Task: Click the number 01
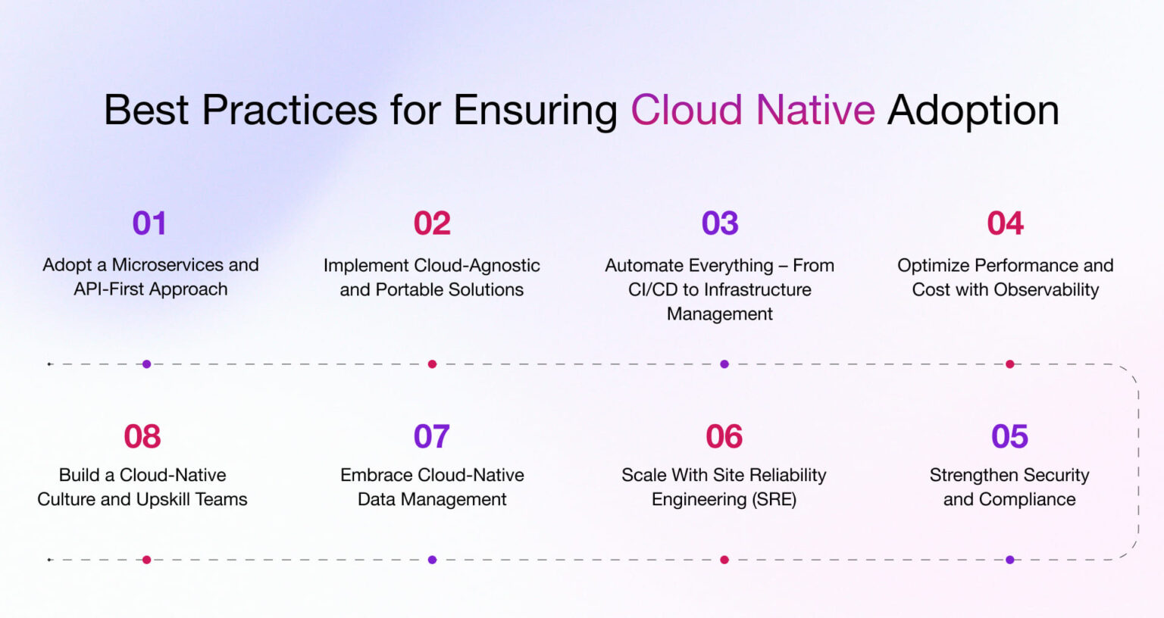pyautogui.click(x=149, y=223)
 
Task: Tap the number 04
pyautogui.click(x=1005, y=223)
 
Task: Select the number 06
pyautogui.click(x=724, y=436)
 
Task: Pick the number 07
pyautogui.click(x=431, y=436)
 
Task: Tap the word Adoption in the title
pyautogui.click(x=973, y=110)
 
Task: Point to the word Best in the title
pyautogui.click(x=145, y=110)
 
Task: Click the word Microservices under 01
pyautogui.click(x=168, y=265)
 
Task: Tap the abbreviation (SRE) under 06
pyautogui.click(x=774, y=499)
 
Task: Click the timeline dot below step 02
pyautogui.click(x=432, y=364)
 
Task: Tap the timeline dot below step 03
pyautogui.click(x=724, y=364)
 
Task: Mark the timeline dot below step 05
pyautogui.click(x=1009, y=560)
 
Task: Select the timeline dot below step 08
pyautogui.click(x=146, y=560)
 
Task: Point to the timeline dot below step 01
pyautogui.click(x=146, y=364)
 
